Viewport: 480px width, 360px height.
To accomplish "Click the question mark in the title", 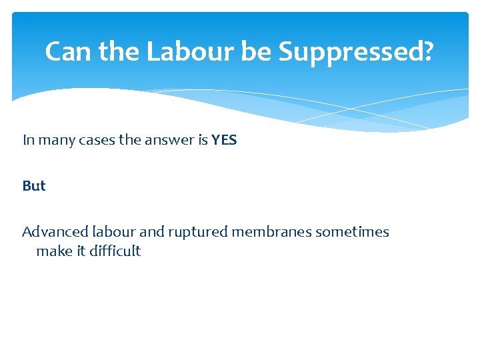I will point(425,51).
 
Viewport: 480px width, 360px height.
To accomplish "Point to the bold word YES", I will point(224,140).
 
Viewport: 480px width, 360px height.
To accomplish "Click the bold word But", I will point(34,186).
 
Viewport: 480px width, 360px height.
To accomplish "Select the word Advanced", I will point(51,232).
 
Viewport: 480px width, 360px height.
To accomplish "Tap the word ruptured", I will point(197,232).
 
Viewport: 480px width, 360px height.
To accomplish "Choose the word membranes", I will point(271,232).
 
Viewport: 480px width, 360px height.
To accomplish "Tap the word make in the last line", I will point(53,251).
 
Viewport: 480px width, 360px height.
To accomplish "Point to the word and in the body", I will point(152,232).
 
